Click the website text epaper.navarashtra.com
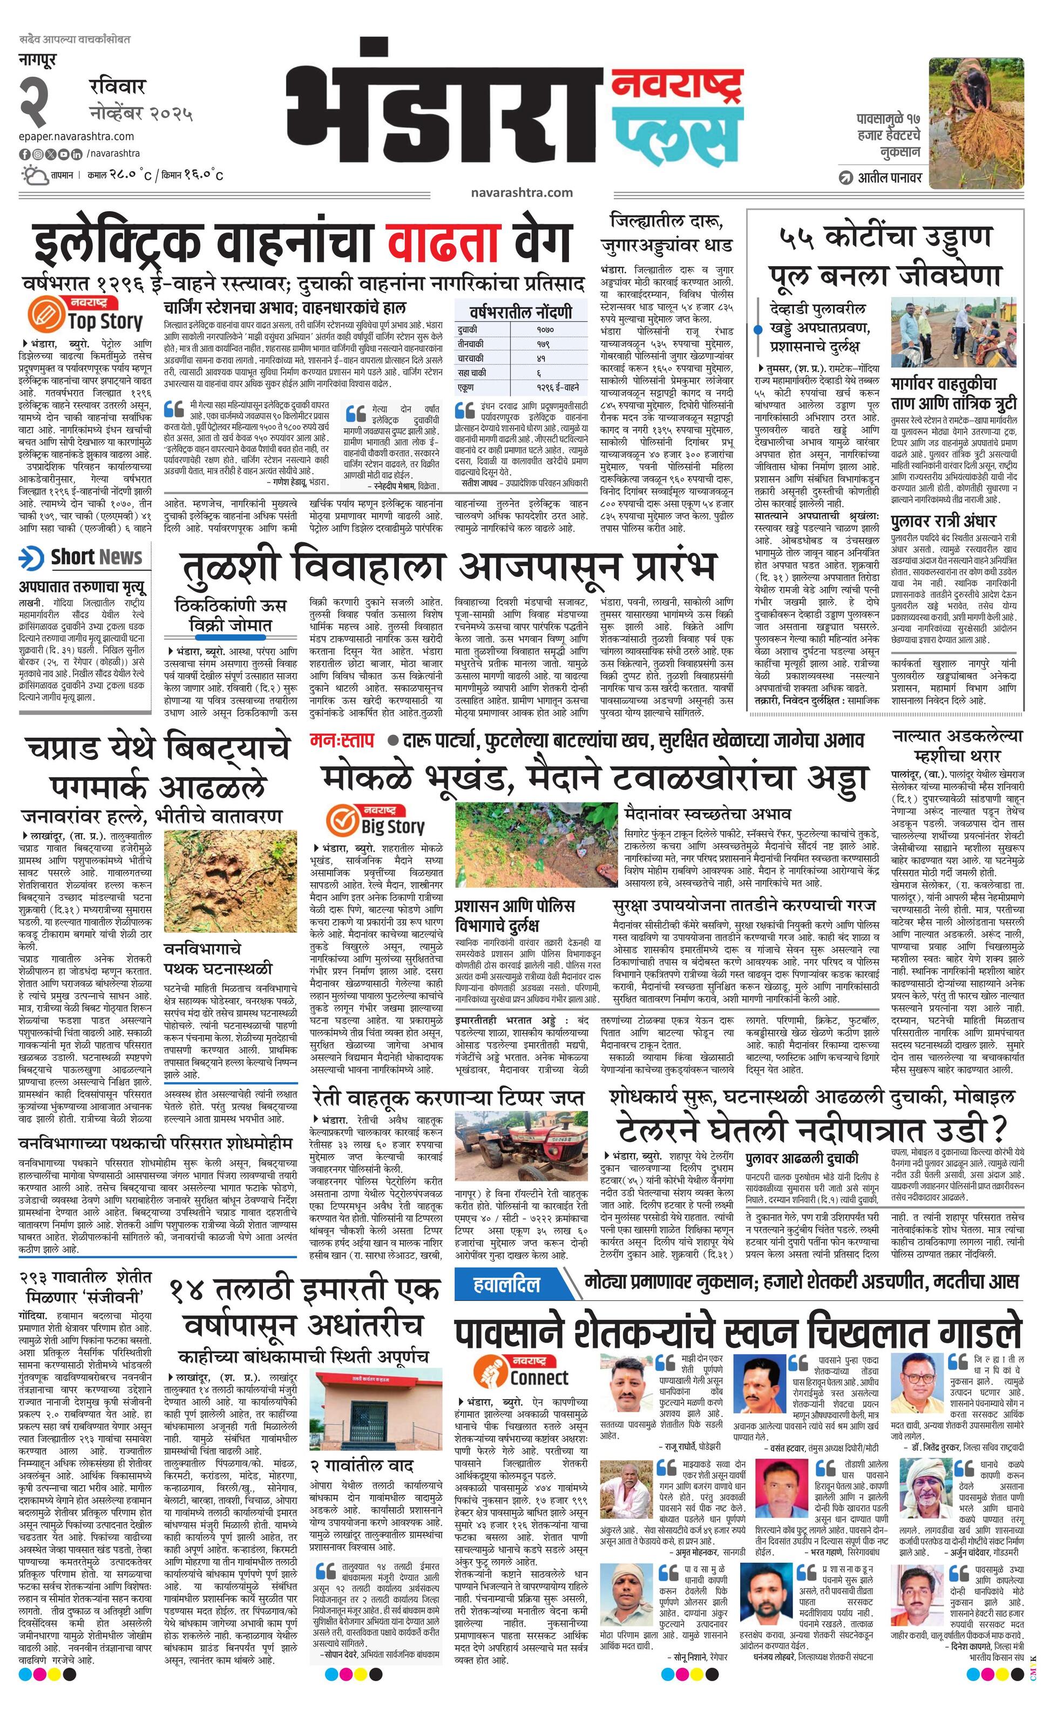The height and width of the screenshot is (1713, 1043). coord(77,136)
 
